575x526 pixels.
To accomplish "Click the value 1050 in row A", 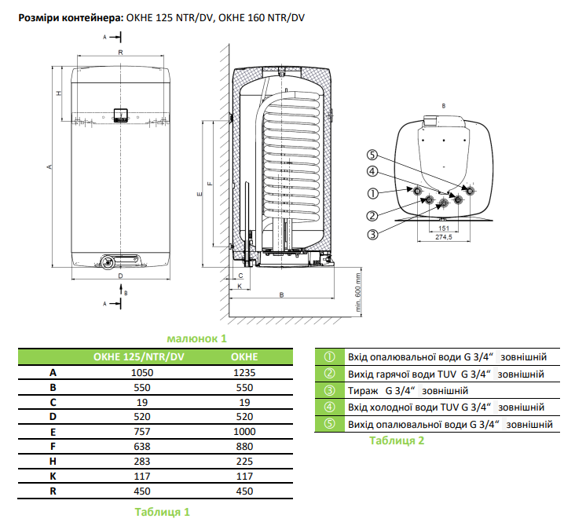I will click(x=139, y=373).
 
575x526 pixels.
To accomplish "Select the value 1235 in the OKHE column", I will click(x=246, y=373).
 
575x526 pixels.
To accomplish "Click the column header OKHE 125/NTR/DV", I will click(x=139, y=357).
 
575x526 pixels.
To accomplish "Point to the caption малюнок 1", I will click(x=197, y=338).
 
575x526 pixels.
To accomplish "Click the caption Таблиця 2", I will click(x=397, y=441).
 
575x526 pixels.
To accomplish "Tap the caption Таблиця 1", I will click(x=162, y=512).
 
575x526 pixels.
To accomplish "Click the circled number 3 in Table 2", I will click(x=330, y=390).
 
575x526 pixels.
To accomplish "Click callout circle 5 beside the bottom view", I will click(x=372, y=155).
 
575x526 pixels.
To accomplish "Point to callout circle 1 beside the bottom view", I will click(x=372, y=193).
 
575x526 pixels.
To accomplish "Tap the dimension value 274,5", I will click(x=445, y=236).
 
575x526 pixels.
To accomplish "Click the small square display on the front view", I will click(x=119, y=114).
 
